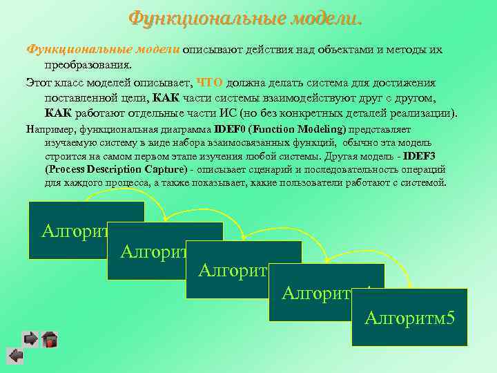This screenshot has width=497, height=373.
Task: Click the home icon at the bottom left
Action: (x=49, y=339)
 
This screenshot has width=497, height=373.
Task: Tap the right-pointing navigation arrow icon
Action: (x=30, y=338)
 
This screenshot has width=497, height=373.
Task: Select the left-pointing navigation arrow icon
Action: (x=15, y=356)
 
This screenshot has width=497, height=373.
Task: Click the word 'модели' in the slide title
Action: (x=322, y=16)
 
